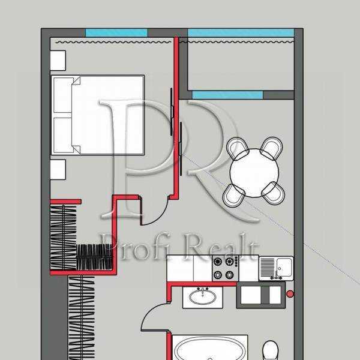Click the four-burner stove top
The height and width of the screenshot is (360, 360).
click(x=225, y=268)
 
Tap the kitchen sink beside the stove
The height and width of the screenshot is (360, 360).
click(x=276, y=268)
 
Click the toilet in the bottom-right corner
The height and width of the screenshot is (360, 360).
click(x=271, y=350)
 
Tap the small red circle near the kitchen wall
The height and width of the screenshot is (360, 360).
click(x=290, y=294)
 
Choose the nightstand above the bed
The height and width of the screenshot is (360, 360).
click(x=58, y=61)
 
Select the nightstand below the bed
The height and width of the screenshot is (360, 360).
click(x=58, y=170)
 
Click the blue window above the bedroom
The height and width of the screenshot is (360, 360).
click(x=116, y=32)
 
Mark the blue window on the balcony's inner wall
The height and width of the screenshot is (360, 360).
click(x=227, y=95)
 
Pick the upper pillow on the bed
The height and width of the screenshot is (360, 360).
click(x=63, y=94)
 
